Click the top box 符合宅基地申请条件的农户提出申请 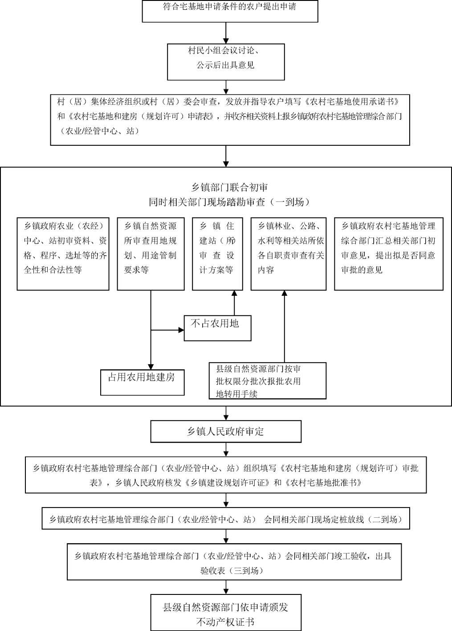230,11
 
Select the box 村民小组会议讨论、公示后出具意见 226,61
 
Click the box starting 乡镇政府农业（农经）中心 63,254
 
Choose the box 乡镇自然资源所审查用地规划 151,254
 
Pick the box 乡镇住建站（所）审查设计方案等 217,254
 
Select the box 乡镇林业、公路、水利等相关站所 289,254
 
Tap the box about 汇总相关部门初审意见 388,254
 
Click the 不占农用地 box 218,328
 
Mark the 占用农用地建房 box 142,382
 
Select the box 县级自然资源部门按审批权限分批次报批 268,381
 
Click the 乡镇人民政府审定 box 226,431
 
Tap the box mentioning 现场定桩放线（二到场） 226,519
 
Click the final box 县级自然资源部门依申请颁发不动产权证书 226,614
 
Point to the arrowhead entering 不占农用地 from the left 181,330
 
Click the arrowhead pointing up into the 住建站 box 234,293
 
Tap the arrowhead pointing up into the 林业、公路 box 284,293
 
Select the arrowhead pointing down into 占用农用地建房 151,367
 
